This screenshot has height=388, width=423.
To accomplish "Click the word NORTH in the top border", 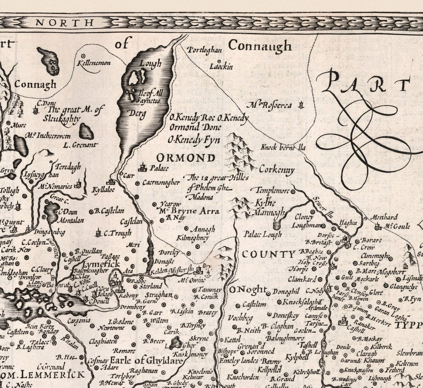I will point(58,22).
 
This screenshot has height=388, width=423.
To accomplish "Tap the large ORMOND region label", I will point(186,158).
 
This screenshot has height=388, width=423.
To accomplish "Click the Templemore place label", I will point(271,190).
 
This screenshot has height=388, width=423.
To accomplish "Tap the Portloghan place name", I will point(204,50).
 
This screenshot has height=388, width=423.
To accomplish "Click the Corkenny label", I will point(276,170).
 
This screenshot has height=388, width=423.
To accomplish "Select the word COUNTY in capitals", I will point(268,254).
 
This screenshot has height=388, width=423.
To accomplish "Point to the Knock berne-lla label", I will point(283,148).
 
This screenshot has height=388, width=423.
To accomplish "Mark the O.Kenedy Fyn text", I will point(193,140).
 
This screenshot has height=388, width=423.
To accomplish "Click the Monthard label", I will point(384,217).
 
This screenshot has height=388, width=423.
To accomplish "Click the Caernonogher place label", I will point(161,182).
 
